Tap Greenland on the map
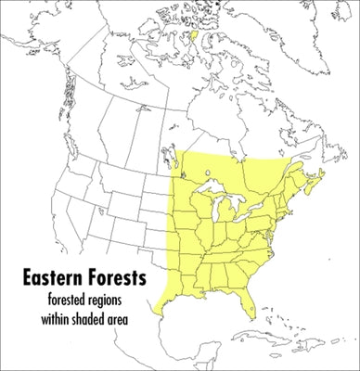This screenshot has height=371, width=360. click(x=278, y=19)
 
